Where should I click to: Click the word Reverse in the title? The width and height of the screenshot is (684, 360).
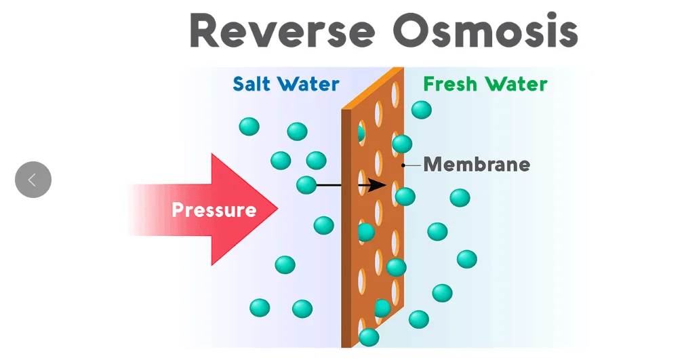click(282, 31)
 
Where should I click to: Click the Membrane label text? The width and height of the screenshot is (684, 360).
click(477, 165)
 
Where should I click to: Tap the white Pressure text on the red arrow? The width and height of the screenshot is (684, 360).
click(214, 209)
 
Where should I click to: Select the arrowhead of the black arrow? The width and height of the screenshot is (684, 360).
click(379, 185)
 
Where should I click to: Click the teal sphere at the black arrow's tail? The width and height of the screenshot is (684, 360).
click(306, 184)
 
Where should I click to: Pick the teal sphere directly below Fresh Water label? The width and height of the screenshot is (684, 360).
click(421, 109)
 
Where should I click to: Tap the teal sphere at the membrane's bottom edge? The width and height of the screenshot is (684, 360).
click(369, 337)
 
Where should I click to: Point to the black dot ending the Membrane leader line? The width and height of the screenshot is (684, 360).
click(403, 165)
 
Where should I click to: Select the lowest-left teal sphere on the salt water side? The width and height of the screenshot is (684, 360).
click(260, 308)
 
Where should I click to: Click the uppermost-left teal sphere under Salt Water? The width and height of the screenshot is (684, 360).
click(249, 126)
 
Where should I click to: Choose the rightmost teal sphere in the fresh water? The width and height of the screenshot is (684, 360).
click(466, 259)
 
